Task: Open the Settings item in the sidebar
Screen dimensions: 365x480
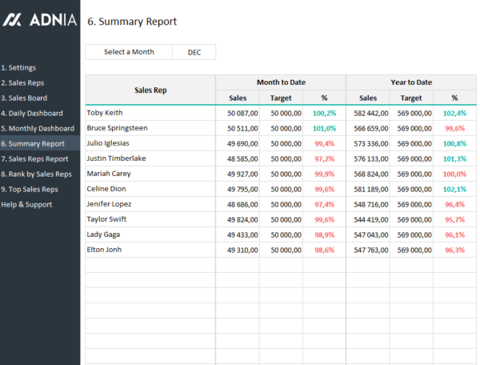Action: tap(18, 67)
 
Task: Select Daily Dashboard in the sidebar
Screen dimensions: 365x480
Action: tap(32, 114)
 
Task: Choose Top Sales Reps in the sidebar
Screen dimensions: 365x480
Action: tap(30, 190)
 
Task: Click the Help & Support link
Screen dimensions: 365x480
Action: tap(26, 205)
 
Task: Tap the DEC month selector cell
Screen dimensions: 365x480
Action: tap(194, 52)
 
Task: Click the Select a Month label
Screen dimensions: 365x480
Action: tap(129, 52)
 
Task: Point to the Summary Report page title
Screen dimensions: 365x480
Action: tap(132, 22)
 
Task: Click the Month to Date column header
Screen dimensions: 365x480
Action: tap(281, 82)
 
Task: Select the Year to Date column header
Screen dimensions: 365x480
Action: tap(412, 82)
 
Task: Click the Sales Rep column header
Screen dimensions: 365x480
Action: tap(150, 90)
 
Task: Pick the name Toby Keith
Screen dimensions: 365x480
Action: tap(106, 113)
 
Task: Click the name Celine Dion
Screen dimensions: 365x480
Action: tap(106, 189)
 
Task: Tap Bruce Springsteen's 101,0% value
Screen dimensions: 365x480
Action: tap(324, 128)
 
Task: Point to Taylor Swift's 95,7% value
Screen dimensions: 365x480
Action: tap(454, 219)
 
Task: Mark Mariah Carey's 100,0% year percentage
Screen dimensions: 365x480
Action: tap(454, 174)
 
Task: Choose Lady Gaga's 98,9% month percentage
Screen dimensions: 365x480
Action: tap(324, 235)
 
